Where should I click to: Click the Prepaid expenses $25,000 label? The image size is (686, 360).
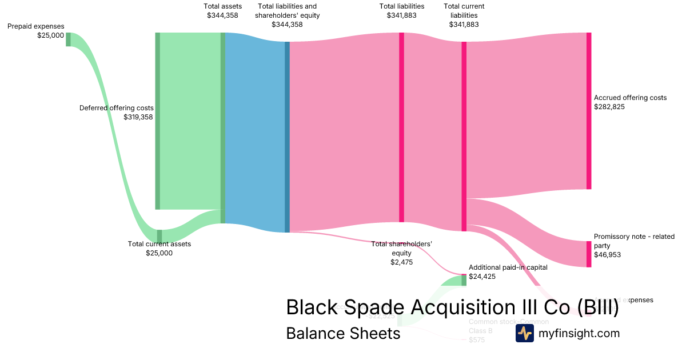[x=35, y=31]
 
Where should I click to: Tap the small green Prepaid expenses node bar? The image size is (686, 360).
[x=68, y=39]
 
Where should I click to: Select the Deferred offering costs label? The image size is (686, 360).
[x=117, y=107]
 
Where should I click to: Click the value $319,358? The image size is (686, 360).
[x=138, y=117]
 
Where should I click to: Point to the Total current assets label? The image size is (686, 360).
[x=159, y=244]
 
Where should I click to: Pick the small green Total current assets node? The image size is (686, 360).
[x=159, y=235]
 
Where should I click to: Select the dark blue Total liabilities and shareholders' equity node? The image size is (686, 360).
[x=287, y=137]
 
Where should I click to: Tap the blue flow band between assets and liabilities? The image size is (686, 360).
[x=255, y=131]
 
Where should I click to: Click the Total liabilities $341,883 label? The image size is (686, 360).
[x=401, y=11]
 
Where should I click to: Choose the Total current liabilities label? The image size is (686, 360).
[x=464, y=15]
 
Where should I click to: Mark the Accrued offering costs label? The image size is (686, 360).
[x=630, y=98]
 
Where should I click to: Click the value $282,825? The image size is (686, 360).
[x=609, y=107]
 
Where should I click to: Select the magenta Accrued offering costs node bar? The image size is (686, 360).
[x=589, y=111]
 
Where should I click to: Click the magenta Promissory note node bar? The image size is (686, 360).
[x=589, y=254]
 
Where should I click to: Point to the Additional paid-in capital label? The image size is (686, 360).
[x=508, y=267]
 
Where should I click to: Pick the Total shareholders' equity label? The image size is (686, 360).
[x=401, y=248]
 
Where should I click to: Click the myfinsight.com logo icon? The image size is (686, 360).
[x=524, y=333]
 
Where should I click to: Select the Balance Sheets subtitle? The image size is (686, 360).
[x=343, y=333]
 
